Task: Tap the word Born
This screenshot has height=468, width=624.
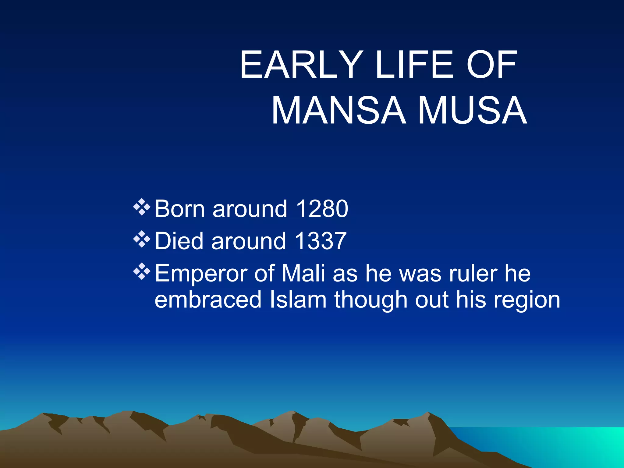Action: [x=179, y=209]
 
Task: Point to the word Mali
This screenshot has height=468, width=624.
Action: [x=303, y=273]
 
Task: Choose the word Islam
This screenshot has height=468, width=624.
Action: [x=298, y=300]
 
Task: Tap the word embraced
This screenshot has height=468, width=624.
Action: [x=208, y=300]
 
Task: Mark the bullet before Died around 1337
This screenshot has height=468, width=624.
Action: [x=142, y=239]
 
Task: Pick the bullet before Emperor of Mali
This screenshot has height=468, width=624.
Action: [x=142, y=271]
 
